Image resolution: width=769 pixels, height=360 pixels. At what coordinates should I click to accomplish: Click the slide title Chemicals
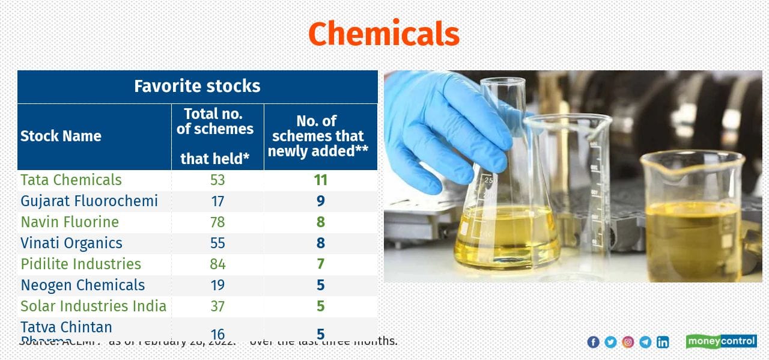pos(383,34)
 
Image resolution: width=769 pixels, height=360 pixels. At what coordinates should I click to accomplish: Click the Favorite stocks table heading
pos(197,86)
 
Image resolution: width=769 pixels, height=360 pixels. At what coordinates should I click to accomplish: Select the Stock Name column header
pos(61,136)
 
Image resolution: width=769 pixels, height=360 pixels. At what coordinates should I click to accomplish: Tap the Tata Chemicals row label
pos(71,180)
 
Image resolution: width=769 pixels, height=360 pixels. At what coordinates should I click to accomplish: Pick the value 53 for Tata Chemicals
pos(217,180)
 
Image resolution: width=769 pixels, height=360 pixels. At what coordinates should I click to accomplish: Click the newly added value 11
pos(320,180)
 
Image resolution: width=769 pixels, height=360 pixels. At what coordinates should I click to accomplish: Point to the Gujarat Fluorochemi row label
pos(89,201)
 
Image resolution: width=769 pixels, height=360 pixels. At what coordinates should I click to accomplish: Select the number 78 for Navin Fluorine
pos(217,222)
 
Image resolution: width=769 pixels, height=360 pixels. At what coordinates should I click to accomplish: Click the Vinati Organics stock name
pos(71,243)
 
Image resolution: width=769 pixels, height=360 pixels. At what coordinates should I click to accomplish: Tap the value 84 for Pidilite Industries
pos(217,264)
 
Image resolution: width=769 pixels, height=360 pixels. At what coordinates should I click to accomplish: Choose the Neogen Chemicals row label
pos(83,285)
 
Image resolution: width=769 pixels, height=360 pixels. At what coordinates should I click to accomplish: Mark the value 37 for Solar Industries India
pos(217,306)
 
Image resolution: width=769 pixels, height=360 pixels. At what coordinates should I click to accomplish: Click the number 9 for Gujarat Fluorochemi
pos(320,201)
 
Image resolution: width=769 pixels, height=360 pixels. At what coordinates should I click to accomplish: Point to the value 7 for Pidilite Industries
pos(320,264)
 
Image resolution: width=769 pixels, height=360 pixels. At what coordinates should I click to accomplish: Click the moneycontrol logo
pos(721,341)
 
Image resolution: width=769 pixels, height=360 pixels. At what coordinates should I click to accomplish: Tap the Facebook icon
pos(593,342)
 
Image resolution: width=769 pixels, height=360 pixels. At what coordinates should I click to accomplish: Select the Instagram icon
pos(628,342)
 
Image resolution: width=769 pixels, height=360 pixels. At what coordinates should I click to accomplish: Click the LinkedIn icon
pos(663,342)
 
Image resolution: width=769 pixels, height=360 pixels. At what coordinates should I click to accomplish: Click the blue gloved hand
pos(445,126)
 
